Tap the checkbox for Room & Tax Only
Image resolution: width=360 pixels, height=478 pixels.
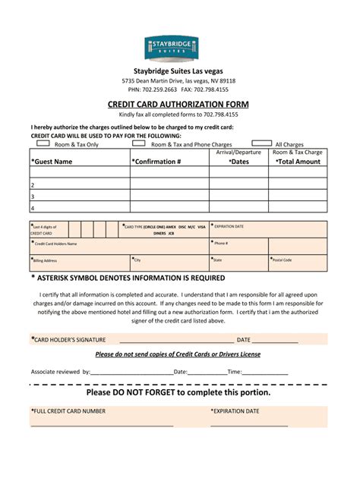43,143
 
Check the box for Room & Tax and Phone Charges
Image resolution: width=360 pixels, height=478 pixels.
139,143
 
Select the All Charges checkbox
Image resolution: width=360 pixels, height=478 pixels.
261,143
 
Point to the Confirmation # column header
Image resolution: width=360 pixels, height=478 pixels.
156,162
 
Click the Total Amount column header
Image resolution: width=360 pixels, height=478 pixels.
298,162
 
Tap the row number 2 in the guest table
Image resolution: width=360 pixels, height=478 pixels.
33,184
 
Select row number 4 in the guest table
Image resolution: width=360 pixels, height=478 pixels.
33,207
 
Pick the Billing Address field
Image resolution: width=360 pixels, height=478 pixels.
80,263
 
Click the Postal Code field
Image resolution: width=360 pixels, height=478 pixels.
298,263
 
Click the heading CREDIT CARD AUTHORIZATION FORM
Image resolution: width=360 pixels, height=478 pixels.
180,104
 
